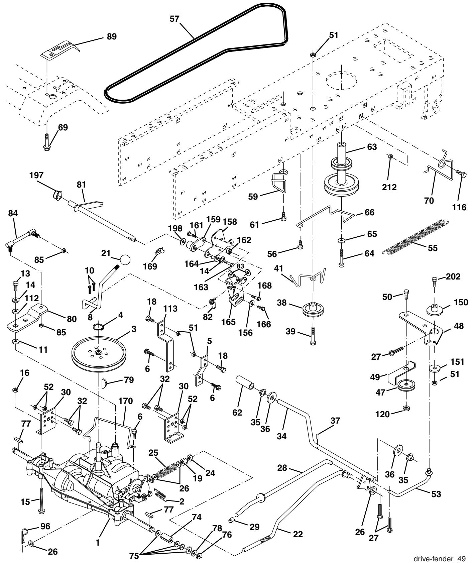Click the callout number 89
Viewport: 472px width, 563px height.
pyautogui.click(x=112, y=37)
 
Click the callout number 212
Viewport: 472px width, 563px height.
pyautogui.click(x=389, y=187)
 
